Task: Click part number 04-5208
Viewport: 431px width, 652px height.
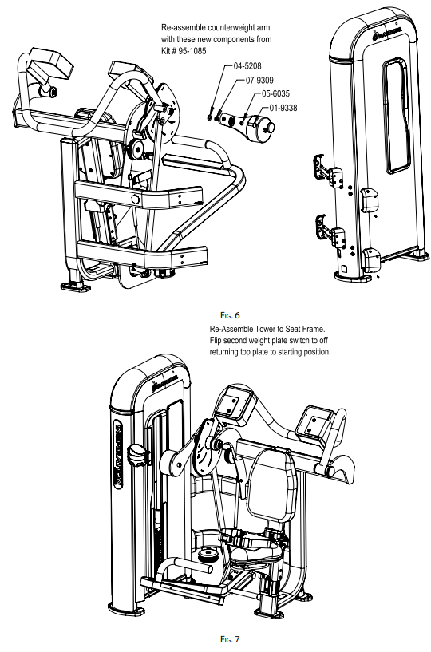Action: point(248,69)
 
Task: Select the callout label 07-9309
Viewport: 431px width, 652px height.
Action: point(262,81)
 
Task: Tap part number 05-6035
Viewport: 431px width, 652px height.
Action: point(276,94)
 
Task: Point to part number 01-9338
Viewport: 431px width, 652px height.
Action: point(287,107)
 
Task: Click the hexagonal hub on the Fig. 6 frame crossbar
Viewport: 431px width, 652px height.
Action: point(134,197)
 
